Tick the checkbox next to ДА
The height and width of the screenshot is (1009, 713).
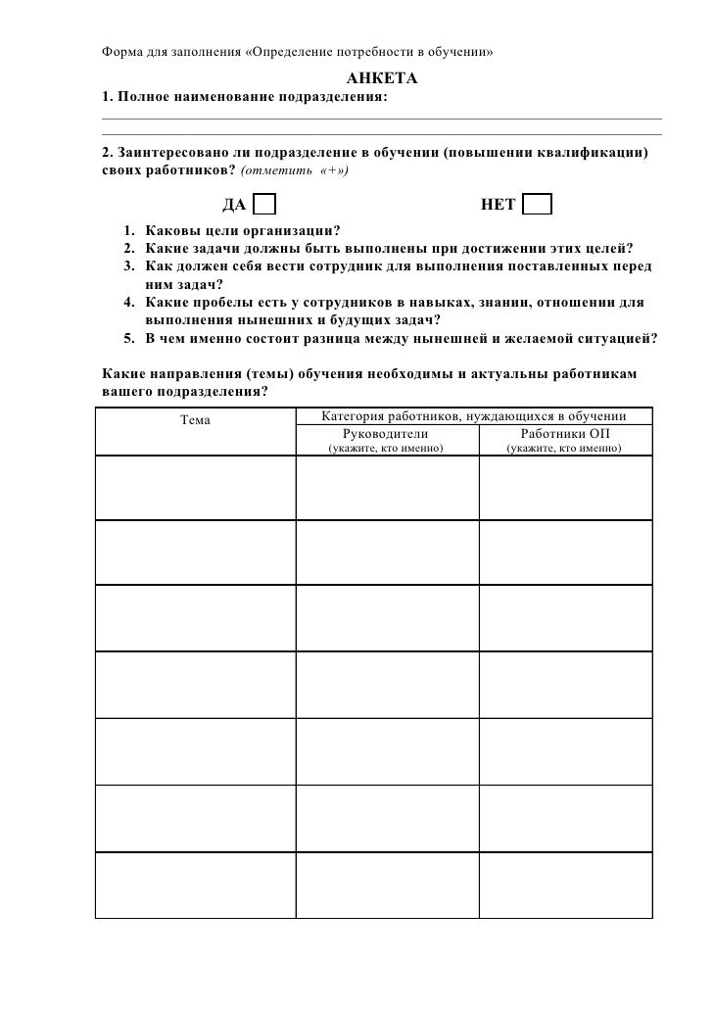click(263, 205)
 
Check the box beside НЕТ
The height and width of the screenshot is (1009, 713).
click(537, 205)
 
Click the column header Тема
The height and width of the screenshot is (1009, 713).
click(196, 420)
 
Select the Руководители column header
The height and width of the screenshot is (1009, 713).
click(386, 432)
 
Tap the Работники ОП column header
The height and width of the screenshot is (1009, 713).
click(566, 432)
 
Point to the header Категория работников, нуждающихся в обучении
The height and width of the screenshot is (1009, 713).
click(473, 416)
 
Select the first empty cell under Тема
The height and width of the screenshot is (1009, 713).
click(195, 486)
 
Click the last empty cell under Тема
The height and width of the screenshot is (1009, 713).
click(195, 886)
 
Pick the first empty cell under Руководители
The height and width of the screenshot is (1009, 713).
click(386, 486)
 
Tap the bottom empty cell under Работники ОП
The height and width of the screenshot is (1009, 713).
click(565, 886)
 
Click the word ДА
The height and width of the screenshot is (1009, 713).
click(234, 205)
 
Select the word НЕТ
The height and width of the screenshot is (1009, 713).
click(498, 205)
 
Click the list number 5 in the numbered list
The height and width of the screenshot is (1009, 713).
click(129, 339)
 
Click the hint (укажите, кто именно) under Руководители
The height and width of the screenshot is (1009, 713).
click(385, 448)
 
